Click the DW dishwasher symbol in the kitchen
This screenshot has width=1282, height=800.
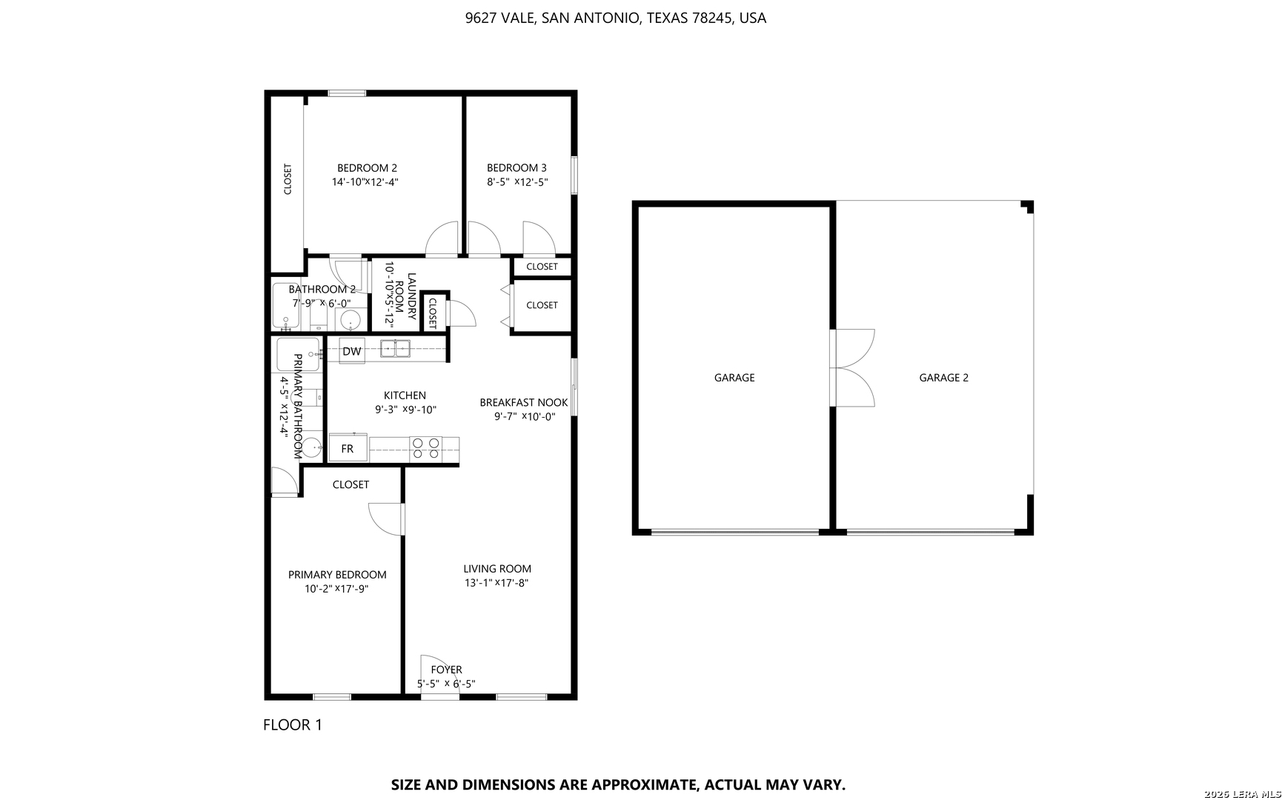(x=352, y=351)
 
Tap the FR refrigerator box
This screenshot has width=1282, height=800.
(x=348, y=448)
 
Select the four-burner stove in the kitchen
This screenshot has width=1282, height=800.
(x=426, y=448)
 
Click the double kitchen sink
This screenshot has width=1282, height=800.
(x=395, y=348)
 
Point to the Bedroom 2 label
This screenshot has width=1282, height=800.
(x=367, y=168)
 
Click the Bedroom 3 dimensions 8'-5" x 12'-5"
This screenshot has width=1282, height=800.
(x=517, y=182)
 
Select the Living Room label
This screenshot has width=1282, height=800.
(x=497, y=569)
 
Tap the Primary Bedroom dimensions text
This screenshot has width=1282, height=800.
(x=336, y=589)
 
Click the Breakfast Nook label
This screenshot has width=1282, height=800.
(x=524, y=403)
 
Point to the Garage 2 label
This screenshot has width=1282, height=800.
(x=944, y=378)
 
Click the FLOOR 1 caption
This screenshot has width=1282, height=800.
(x=293, y=724)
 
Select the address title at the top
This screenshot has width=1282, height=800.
(x=616, y=18)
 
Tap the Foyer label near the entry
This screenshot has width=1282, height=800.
(x=446, y=670)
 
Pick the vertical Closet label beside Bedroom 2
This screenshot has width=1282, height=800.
(x=288, y=179)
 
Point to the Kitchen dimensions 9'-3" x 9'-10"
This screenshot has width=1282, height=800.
(x=405, y=410)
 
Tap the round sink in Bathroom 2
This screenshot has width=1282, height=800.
(x=350, y=320)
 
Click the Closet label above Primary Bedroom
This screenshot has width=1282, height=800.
(x=351, y=484)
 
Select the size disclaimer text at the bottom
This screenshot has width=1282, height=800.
(x=618, y=784)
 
